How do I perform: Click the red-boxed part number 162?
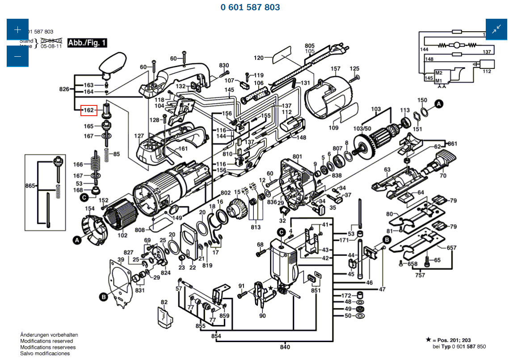pyautogui.click(x=89, y=110)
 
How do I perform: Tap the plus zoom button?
pyautogui.click(x=17, y=30)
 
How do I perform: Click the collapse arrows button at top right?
pyautogui.click(x=496, y=29)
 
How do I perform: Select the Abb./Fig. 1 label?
pyautogui.click(x=87, y=43)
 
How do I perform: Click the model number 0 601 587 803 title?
pyautogui.click(x=250, y=7)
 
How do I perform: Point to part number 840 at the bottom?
pyautogui.click(x=285, y=347)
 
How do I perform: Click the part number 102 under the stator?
pyautogui.click(x=122, y=235)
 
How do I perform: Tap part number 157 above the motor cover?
pyautogui.click(x=335, y=69)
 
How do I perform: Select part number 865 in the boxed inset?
pyautogui.click(x=30, y=185)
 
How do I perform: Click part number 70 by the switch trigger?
pyautogui.click(x=443, y=176)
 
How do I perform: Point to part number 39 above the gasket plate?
pyautogui.click(x=121, y=260)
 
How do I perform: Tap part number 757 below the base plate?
pyautogui.click(x=420, y=275)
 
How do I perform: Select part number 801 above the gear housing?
pyautogui.click(x=297, y=156)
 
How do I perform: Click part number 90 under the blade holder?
pyautogui.click(x=262, y=316)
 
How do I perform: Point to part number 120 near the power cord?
pyautogui.click(x=259, y=58)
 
